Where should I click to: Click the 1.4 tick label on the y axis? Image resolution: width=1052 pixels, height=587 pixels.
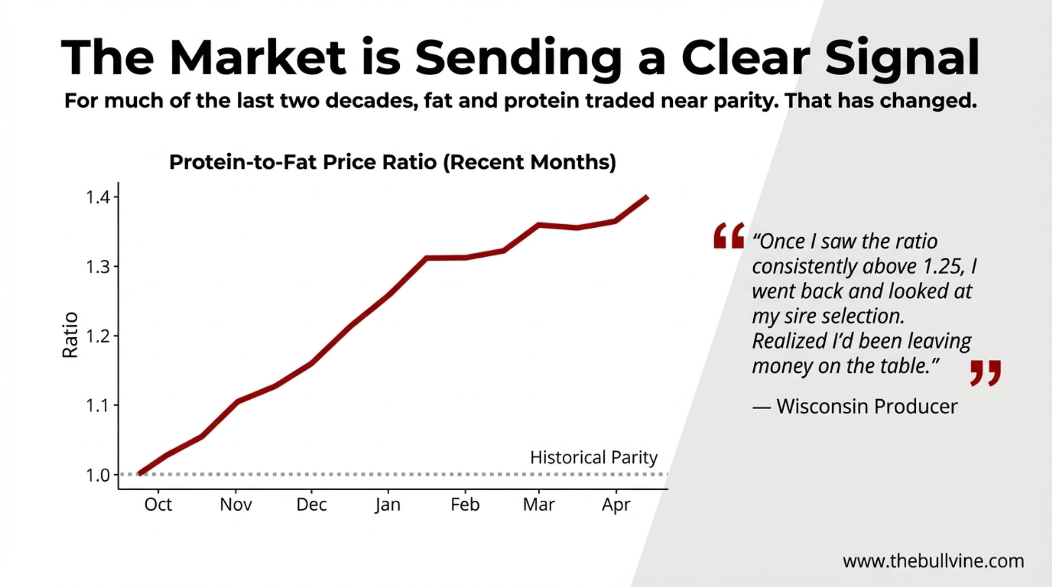pos(98,197)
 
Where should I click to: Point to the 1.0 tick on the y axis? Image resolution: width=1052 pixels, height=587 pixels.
pos(98,475)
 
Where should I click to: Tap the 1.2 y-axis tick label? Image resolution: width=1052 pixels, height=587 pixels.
pos(98,336)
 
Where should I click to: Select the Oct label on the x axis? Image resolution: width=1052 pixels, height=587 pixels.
pos(158,504)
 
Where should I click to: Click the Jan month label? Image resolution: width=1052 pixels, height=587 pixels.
pos(388,504)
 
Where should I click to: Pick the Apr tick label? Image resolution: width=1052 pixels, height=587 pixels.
pos(616,504)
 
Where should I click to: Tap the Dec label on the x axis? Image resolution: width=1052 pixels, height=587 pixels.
pos(311,504)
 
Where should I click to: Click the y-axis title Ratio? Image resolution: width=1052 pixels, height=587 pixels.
pos(70,335)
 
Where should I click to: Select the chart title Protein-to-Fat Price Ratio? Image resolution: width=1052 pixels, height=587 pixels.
pos(392,162)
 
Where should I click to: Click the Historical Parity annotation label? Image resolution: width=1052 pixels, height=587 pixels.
pos(593,458)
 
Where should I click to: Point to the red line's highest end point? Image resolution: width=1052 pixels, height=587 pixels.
pos(647,197)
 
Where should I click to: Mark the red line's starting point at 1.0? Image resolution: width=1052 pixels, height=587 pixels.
pos(139,473)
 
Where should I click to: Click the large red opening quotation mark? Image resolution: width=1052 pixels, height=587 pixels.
pos(729,235)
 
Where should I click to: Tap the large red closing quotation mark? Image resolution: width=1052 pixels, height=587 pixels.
pos(985,372)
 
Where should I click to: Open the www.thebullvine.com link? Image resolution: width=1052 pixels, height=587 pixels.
pos(933,561)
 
